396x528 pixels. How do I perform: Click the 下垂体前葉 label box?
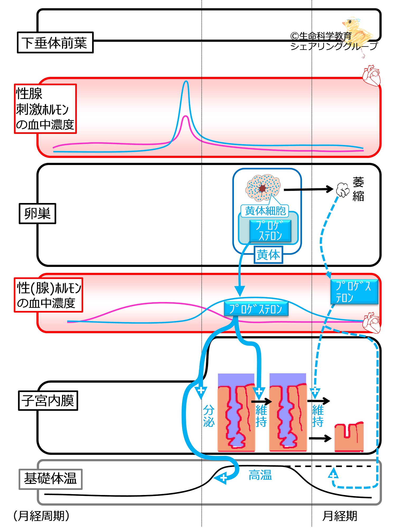tap(55, 43)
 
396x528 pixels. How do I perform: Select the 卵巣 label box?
tap(37, 214)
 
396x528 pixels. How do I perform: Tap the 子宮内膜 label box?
tap(48, 400)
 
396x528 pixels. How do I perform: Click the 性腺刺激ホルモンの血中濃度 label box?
tap(45, 109)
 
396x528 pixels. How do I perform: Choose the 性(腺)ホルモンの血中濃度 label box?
tap(48, 295)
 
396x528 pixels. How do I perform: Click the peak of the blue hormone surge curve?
tap(186, 81)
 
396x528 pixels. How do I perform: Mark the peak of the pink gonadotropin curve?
tap(186, 116)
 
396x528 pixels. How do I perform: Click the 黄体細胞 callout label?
tap(265, 211)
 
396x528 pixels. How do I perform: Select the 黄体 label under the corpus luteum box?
tap(268, 255)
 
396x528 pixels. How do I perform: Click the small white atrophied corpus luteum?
tap(343, 190)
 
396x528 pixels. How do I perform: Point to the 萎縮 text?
tap(358, 189)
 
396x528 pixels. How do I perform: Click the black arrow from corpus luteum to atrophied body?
tap(309, 189)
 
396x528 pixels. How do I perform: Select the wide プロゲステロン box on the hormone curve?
tap(256, 309)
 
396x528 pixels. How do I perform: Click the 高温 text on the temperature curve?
tap(260, 475)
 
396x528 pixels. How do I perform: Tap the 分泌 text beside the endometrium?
tap(209, 416)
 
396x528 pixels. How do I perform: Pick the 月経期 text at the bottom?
tap(340, 516)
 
